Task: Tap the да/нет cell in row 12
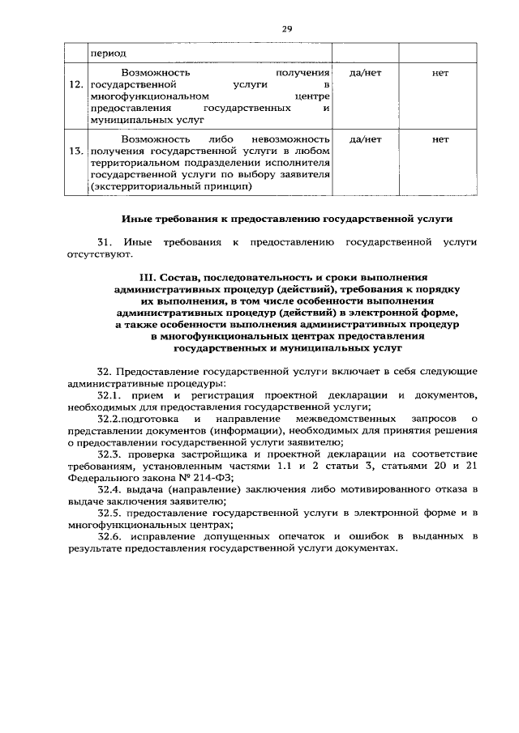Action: [x=365, y=73]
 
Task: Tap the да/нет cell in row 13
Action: [x=365, y=139]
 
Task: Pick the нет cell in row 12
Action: [x=441, y=73]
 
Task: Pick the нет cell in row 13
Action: [x=441, y=139]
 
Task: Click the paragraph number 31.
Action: [x=104, y=242]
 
